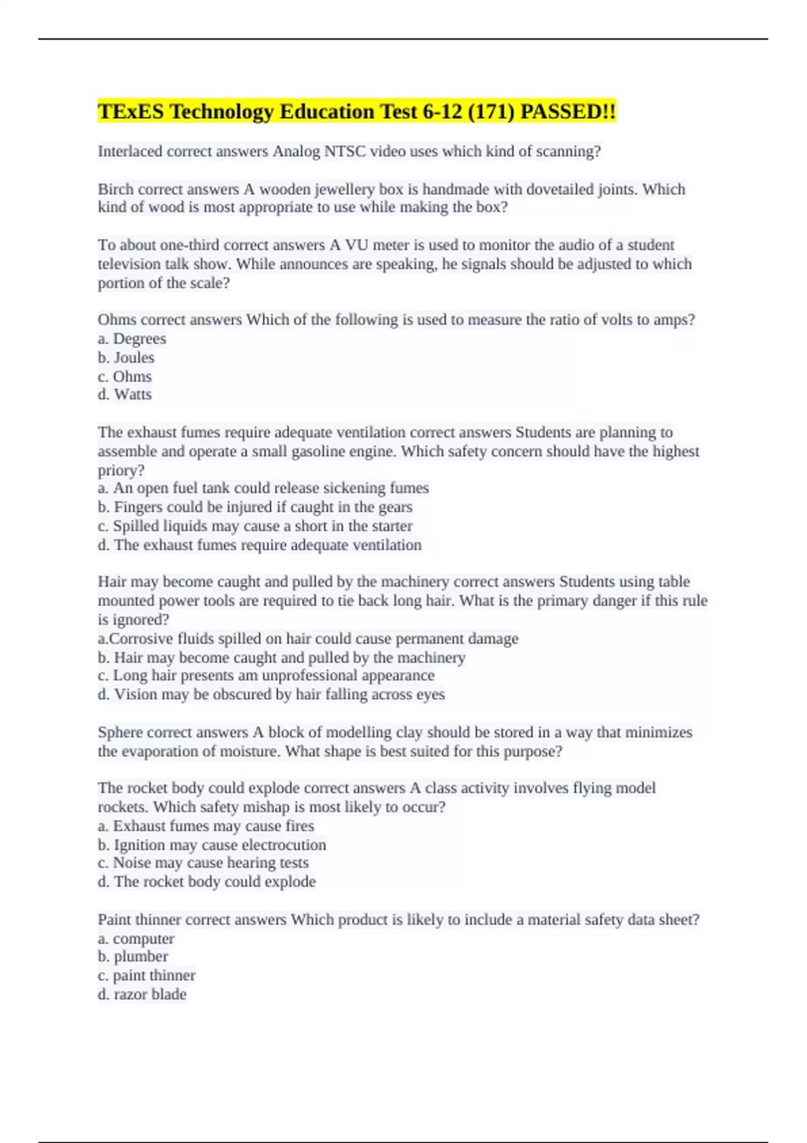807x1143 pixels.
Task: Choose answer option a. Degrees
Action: click(132, 339)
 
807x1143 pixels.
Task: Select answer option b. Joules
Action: click(126, 358)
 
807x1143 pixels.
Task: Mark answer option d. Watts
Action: click(125, 395)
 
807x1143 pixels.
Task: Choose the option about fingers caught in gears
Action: click(256, 507)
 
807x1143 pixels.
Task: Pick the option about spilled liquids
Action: click(256, 526)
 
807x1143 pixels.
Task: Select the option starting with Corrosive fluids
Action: click(308, 638)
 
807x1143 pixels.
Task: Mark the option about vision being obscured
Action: click(272, 695)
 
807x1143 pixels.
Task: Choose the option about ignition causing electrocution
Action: click(212, 844)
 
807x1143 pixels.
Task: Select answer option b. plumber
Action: click(133, 956)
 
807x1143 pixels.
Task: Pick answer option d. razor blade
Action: click(142, 994)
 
